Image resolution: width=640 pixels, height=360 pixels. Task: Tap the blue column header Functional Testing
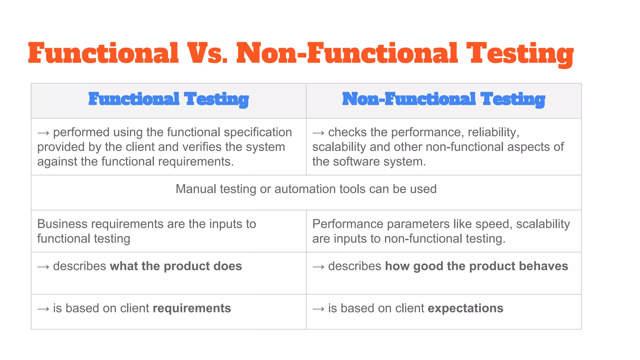pyautogui.click(x=168, y=99)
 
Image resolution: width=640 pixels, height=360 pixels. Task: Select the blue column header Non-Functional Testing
pyautogui.click(x=443, y=99)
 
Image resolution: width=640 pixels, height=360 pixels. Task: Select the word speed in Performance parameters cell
pyautogui.click(x=494, y=224)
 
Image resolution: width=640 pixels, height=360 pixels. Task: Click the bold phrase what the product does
pyautogui.click(x=176, y=266)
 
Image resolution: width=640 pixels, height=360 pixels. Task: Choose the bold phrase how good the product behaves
pyautogui.click(x=477, y=266)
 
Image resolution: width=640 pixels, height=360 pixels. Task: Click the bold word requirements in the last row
pyautogui.click(x=192, y=308)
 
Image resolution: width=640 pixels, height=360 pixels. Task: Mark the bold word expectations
pyautogui.click(x=465, y=308)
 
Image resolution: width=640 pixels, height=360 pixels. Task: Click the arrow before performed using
pyautogui.click(x=43, y=133)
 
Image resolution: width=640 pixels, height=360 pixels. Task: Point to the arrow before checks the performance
pyautogui.click(x=318, y=133)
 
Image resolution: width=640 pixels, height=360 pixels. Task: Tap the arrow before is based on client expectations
pyautogui.click(x=318, y=309)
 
